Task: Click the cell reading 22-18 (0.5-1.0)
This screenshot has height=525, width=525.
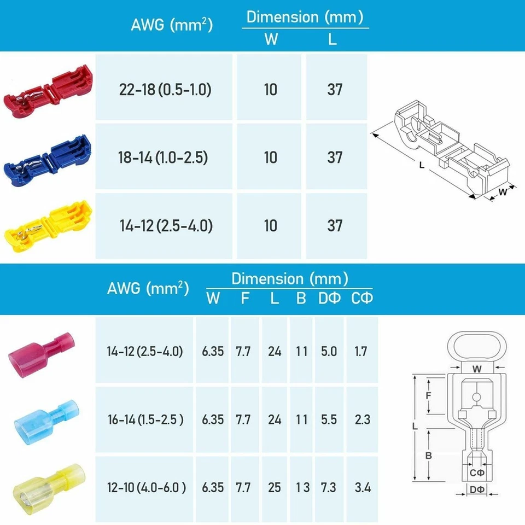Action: click(165, 90)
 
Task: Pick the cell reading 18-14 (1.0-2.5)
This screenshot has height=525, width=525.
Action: click(165, 157)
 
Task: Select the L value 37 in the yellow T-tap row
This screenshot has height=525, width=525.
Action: click(335, 225)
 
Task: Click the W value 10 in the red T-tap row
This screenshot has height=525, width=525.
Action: click(270, 90)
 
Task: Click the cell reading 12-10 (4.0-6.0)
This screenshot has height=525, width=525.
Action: click(146, 487)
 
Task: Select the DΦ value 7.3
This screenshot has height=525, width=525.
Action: click(329, 487)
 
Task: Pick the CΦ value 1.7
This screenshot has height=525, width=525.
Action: click(361, 351)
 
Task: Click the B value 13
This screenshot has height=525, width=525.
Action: click(301, 487)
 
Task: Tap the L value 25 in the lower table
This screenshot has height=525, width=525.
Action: click(275, 487)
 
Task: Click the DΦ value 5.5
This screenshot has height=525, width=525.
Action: click(329, 419)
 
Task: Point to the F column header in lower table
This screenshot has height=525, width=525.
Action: click(245, 298)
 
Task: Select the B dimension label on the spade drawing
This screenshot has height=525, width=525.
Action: click(429, 455)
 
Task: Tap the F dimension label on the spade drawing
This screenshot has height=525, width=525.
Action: click(429, 395)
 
